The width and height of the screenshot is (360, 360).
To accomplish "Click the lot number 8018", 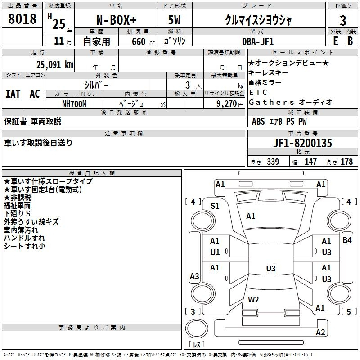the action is (22, 18).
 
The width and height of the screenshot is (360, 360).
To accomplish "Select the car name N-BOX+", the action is (117, 20).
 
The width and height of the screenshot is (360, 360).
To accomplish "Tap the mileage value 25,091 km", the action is (54, 65).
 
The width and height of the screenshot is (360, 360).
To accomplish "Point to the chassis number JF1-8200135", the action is (302, 143).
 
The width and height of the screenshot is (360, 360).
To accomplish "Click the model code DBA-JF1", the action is (258, 41).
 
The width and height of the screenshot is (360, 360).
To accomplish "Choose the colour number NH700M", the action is (74, 104).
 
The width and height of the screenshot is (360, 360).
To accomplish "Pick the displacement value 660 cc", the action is (143, 42).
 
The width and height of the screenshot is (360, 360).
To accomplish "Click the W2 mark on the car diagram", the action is (253, 299).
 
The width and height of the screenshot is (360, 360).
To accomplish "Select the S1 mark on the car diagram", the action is (215, 206).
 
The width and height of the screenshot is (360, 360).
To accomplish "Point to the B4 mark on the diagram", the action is (347, 240).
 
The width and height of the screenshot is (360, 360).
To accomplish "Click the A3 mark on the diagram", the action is (194, 276).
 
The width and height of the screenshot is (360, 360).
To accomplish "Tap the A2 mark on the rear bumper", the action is (320, 332).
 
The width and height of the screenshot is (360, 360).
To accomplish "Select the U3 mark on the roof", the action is (271, 268).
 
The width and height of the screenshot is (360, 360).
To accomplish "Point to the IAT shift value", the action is (13, 94).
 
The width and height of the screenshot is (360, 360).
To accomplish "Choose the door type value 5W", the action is (174, 20).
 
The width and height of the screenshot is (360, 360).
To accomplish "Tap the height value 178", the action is (346, 162).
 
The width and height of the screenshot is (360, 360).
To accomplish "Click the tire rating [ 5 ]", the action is (349, 311).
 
